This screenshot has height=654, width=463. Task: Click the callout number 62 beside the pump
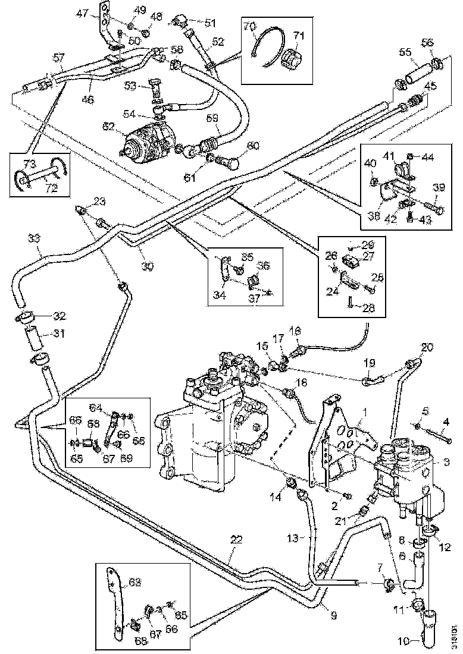coord(108,126)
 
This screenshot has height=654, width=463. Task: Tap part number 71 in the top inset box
coord(298,36)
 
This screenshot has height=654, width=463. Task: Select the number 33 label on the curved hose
coord(35,238)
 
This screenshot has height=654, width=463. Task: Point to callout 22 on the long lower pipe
coord(236,540)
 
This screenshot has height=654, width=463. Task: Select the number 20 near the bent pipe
coord(428,347)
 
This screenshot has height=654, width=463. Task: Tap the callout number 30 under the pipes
coord(147,266)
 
